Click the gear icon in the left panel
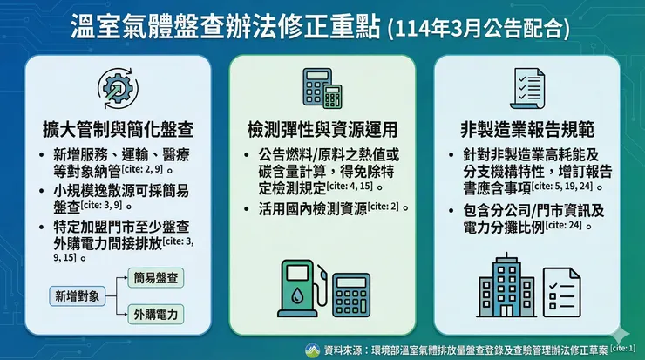[x=117, y=90]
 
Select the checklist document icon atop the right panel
[x=526, y=89]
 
